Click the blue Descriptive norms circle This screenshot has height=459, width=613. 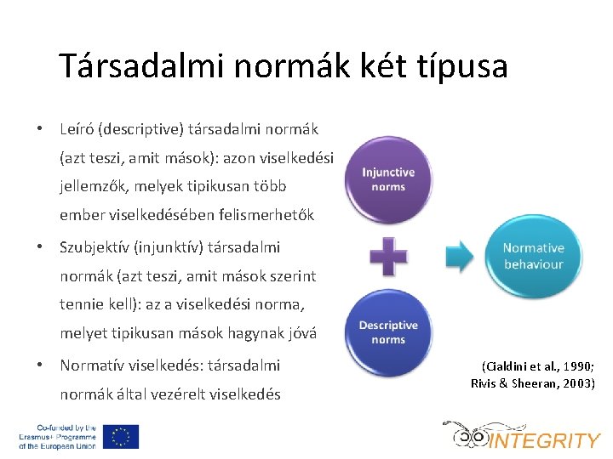pos(388,332)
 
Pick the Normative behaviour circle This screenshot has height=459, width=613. pos(533,256)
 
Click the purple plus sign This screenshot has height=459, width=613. pos(388,256)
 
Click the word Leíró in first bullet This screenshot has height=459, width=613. pos(77,129)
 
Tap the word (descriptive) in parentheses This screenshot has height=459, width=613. pos(139,129)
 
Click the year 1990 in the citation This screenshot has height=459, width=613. pos(574,366)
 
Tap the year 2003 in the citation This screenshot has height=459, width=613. pos(576,383)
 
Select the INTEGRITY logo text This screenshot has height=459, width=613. pos(545,440)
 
